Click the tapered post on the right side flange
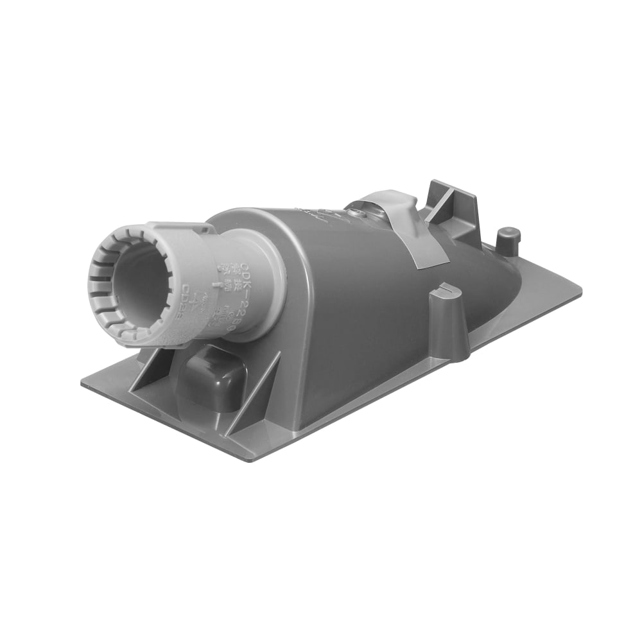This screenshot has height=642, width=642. (449, 321)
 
